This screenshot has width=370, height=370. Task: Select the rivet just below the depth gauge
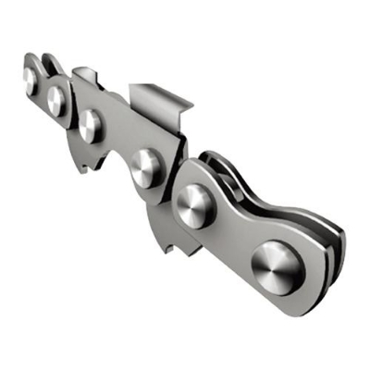pyautogui.click(x=90, y=124)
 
